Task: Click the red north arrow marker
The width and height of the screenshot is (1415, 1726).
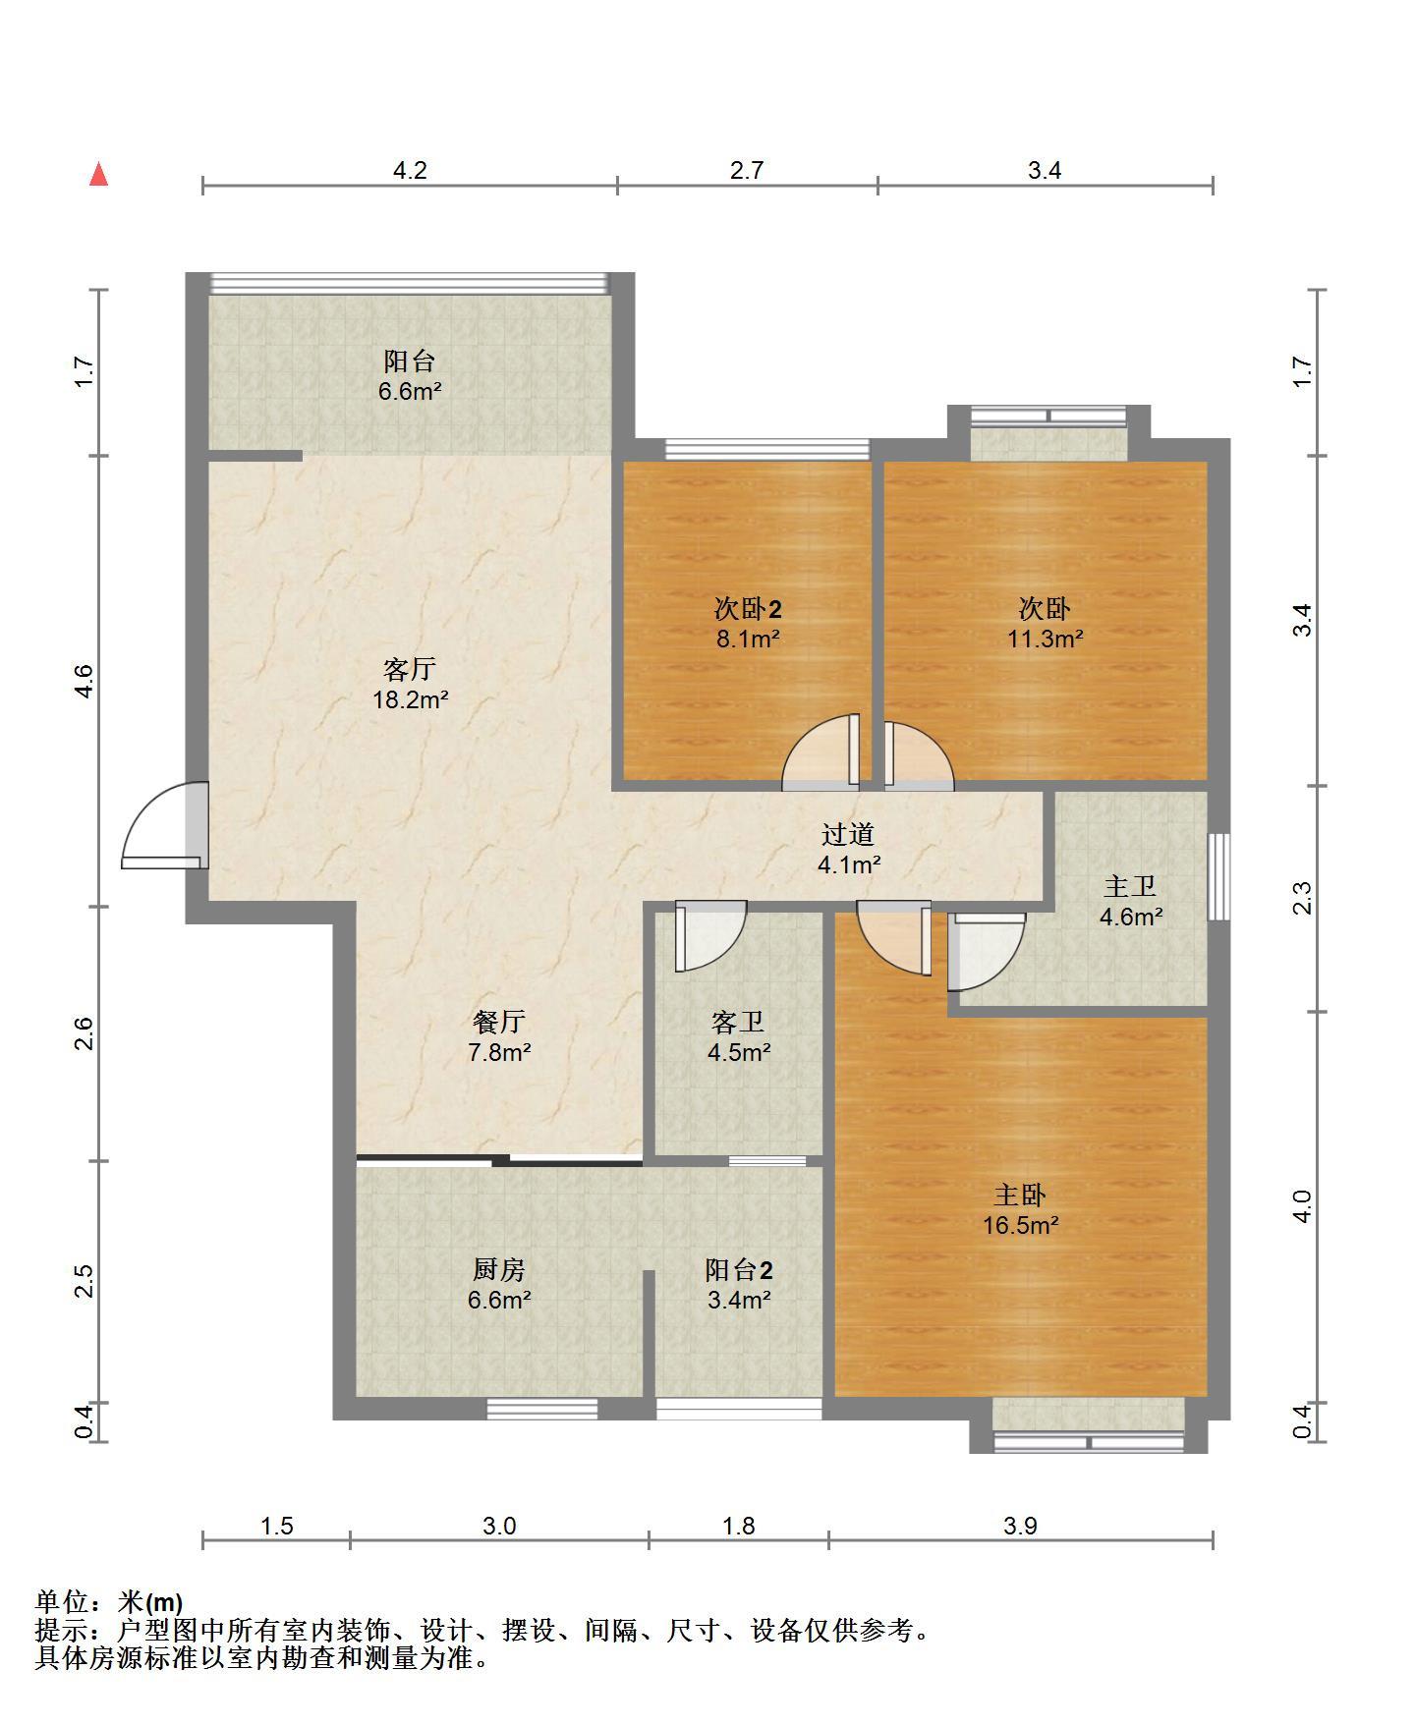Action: point(98,174)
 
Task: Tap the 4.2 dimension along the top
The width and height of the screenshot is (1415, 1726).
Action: point(410,170)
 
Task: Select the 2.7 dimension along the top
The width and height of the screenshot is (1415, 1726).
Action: point(747,170)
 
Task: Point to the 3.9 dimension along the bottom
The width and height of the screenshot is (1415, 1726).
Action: point(1020,1526)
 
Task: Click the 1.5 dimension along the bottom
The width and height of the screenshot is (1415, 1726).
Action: point(277,1526)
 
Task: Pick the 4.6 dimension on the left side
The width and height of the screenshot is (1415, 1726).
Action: point(84,681)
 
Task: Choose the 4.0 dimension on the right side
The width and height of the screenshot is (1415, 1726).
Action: point(1302,1206)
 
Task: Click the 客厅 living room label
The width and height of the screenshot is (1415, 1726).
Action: point(410,670)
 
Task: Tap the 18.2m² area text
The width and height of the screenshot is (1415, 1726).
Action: point(410,700)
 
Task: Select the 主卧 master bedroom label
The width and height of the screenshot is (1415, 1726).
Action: point(1020,1196)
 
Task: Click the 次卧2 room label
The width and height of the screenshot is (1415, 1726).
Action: point(748,609)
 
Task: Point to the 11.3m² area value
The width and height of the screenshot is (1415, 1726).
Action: point(1045,640)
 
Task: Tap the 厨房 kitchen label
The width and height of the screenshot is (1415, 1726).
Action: point(499,1270)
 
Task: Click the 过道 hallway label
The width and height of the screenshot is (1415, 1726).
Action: point(848,835)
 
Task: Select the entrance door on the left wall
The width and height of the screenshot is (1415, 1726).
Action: point(165,825)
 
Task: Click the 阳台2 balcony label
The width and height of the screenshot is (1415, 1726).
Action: point(739,1270)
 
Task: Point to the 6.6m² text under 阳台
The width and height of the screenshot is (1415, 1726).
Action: point(410,391)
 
